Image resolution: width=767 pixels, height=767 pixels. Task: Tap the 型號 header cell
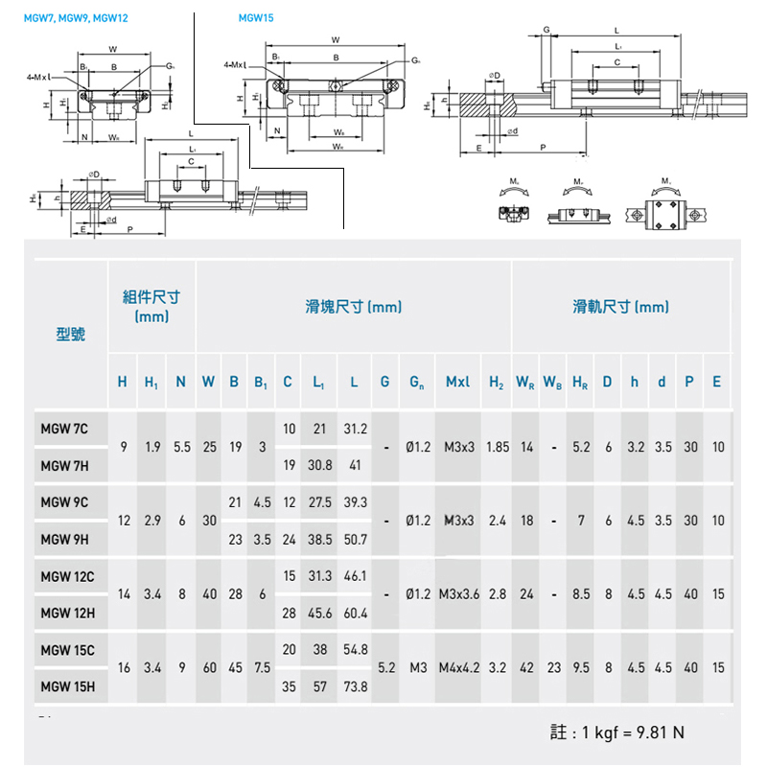click(71, 334)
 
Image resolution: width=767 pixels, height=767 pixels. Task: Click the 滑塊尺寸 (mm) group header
click(353, 307)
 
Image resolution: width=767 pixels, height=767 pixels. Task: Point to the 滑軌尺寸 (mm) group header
click(621, 307)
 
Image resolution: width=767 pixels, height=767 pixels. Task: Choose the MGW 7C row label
click(64, 429)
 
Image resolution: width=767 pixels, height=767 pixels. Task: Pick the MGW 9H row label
click(64, 539)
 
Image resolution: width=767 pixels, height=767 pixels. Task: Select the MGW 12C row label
click(67, 576)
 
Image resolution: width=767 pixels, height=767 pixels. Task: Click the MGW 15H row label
click(67, 686)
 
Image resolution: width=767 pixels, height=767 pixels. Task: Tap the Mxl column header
click(459, 382)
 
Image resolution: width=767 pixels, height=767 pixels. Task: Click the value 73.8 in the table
click(356, 686)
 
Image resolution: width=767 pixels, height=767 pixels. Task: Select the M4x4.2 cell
click(459, 667)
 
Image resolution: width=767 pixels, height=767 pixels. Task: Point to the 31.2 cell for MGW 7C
click(356, 429)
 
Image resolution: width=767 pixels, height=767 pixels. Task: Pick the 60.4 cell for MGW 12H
click(356, 613)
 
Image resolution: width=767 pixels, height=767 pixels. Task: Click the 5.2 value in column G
click(385, 667)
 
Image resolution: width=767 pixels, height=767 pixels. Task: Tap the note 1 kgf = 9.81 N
click(618, 732)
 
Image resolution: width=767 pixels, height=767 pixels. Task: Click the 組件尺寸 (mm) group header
click(151, 306)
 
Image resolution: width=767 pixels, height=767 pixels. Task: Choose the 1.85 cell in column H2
click(498, 447)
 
